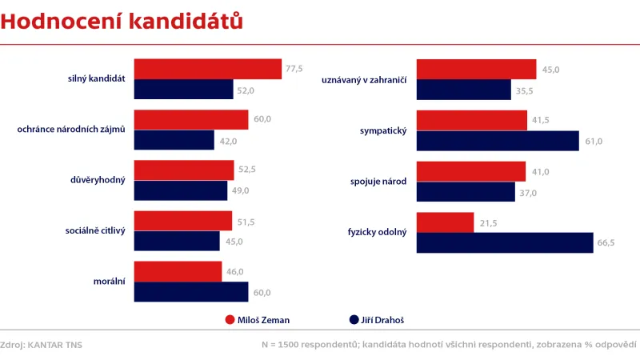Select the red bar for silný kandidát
click(x=207, y=69)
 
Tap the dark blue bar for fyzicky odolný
click(x=505, y=242)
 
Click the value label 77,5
click(x=294, y=69)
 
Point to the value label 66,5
click(x=606, y=242)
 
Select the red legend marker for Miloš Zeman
click(x=230, y=320)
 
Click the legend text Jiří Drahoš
click(x=387, y=320)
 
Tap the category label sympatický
click(x=384, y=130)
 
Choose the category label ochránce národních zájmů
click(x=71, y=130)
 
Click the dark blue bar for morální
click(x=191, y=292)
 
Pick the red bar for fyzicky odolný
click(x=446, y=222)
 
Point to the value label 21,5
click(x=486, y=222)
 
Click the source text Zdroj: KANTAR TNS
click(x=42, y=345)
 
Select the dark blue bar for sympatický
click(x=498, y=141)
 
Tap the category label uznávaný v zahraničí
click(x=364, y=80)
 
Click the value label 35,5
click(x=524, y=90)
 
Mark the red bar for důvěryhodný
click(x=184, y=170)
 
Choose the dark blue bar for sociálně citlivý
click(x=177, y=241)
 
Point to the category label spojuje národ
click(x=378, y=181)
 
